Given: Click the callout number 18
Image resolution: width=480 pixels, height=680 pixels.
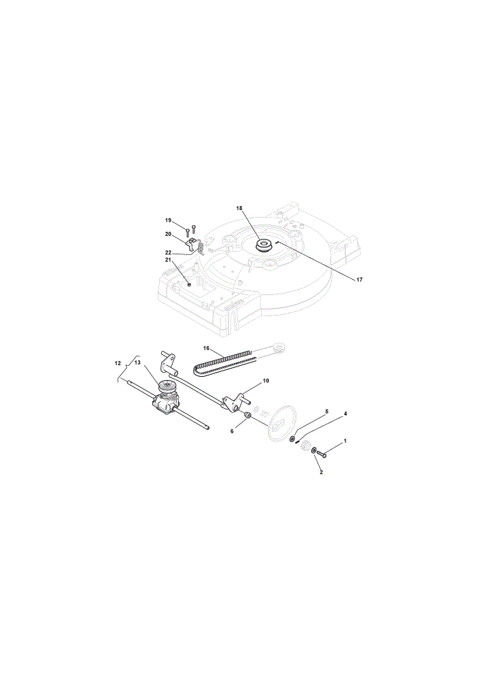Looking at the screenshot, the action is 239,208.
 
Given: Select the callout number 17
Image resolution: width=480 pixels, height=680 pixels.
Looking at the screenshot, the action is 360,279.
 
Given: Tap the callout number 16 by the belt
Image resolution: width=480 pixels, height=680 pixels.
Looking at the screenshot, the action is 206,347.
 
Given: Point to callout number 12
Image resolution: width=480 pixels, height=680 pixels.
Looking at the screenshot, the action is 118,363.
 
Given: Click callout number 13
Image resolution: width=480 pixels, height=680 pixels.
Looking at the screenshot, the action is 137,362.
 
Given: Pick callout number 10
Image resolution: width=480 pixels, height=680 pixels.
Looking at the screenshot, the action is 266,380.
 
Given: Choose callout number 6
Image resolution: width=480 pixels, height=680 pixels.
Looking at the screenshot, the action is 232,431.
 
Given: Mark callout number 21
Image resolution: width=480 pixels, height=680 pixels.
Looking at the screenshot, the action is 168,260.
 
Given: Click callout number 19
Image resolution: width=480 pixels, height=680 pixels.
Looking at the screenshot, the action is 168,220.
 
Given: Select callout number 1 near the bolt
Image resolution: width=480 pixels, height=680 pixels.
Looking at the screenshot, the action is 345,440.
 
